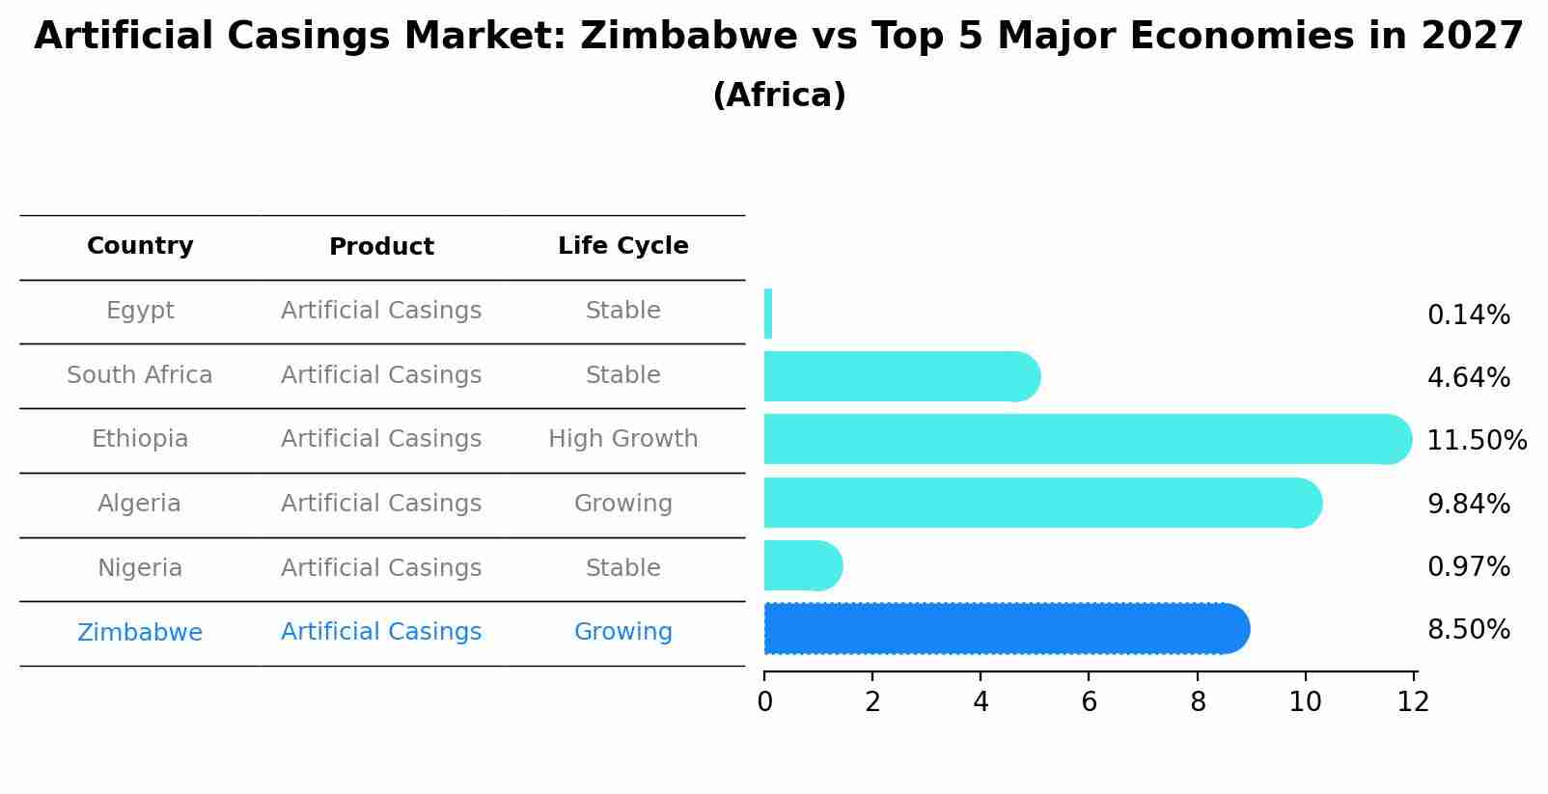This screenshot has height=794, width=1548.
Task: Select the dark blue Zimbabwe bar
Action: [1004, 629]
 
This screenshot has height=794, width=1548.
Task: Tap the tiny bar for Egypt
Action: [768, 314]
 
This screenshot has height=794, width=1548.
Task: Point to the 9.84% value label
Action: [1468, 504]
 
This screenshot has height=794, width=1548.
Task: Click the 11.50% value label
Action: [1476, 441]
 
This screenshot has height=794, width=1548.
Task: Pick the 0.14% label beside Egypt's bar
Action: [1468, 315]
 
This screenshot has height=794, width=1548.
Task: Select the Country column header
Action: [140, 246]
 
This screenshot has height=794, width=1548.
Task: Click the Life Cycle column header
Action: [622, 246]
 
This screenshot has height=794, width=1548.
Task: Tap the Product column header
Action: [381, 247]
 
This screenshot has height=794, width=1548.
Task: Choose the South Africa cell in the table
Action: [140, 375]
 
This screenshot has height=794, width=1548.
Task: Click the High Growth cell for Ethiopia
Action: [622, 439]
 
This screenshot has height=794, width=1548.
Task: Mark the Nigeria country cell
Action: [140, 568]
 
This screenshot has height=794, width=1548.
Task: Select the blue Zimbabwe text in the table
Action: [140, 633]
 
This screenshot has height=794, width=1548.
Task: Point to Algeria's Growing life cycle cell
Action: [622, 504]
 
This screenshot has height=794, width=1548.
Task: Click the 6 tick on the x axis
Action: [1089, 701]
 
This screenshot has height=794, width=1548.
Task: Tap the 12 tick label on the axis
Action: [1413, 701]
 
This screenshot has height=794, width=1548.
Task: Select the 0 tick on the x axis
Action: [764, 701]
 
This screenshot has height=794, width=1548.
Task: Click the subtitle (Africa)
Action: [779, 96]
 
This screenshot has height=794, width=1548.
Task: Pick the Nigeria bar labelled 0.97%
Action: [801, 565]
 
